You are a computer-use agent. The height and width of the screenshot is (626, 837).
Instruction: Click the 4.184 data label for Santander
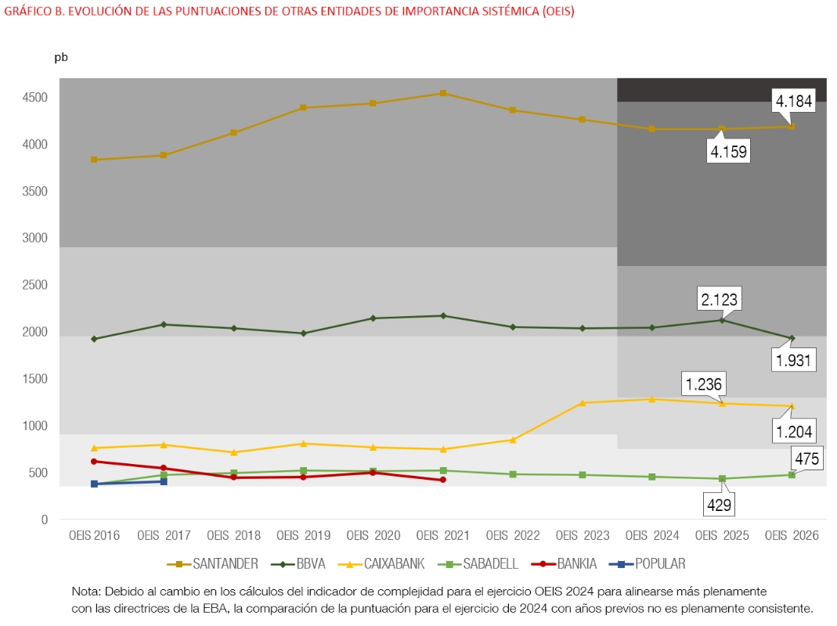794,100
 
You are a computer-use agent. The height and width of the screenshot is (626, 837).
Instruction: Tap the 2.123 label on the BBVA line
719,299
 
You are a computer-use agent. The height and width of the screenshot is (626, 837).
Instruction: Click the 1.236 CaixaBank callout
703,384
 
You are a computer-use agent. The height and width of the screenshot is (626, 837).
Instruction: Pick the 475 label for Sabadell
806,459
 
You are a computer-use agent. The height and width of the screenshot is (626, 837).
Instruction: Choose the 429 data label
719,505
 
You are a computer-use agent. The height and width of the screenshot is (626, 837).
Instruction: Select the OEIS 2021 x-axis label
443,536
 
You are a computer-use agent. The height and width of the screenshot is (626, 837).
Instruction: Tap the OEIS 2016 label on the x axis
94,536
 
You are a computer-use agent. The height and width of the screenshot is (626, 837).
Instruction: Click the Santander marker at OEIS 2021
443,93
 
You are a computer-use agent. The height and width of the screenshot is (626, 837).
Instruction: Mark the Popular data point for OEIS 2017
164,481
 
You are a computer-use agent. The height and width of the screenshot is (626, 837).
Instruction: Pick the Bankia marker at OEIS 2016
94,462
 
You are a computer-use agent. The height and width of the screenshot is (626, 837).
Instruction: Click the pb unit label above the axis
61,58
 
